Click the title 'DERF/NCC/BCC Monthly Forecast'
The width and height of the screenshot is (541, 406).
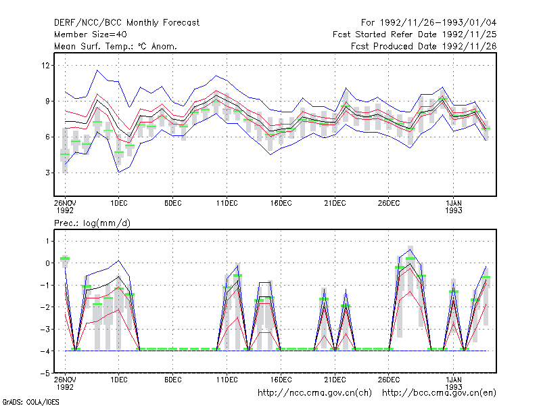(x=126, y=23)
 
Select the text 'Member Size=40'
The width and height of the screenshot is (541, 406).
(x=91, y=35)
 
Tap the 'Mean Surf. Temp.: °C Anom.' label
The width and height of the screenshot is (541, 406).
(x=116, y=46)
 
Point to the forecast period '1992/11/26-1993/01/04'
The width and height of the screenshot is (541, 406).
(x=438, y=23)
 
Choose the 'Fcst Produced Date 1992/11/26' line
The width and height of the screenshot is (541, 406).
(x=424, y=46)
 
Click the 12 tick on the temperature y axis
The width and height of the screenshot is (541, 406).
(x=46, y=65)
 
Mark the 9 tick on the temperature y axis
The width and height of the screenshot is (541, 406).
(x=47, y=101)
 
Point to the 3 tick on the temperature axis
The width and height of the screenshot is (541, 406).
(x=47, y=173)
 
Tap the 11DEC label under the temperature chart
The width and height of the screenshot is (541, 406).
(x=227, y=203)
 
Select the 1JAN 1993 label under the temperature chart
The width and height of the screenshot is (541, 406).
(x=453, y=206)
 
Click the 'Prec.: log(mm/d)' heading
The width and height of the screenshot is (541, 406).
(x=92, y=223)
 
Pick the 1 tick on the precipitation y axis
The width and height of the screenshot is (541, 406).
(x=47, y=241)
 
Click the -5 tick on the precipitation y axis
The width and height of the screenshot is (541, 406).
(x=45, y=374)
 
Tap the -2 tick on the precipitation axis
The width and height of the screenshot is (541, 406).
(x=45, y=307)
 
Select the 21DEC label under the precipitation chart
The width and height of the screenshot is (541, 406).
(x=335, y=380)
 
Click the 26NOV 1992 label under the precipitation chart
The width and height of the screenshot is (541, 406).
(x=65, y=383)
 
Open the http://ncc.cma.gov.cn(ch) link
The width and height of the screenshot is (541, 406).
(x=314, y=393)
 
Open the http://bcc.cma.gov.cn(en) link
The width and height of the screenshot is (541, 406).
(x=439, y=393)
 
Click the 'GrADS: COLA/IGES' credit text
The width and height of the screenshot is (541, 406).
(x=30, y=402)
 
